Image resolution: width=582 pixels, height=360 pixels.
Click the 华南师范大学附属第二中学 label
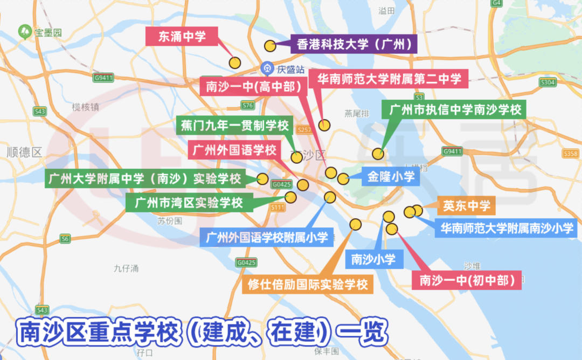389,79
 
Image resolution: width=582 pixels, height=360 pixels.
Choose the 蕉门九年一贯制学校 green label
234,126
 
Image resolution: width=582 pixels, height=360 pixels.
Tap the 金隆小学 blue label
391,176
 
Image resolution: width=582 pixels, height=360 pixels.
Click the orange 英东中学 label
467,205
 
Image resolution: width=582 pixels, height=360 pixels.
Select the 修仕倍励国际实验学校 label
308,284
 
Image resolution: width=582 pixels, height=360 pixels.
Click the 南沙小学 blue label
373,259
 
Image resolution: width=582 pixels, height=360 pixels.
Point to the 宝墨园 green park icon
25,32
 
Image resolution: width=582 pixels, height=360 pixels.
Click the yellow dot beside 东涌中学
234,63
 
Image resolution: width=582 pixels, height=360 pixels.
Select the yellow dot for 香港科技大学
270,46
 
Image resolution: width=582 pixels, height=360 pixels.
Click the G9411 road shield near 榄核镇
103,78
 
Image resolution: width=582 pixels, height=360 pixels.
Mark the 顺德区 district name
24,152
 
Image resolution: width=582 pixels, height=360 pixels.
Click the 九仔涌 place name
127,268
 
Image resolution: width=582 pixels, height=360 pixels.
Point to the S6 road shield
65,238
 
